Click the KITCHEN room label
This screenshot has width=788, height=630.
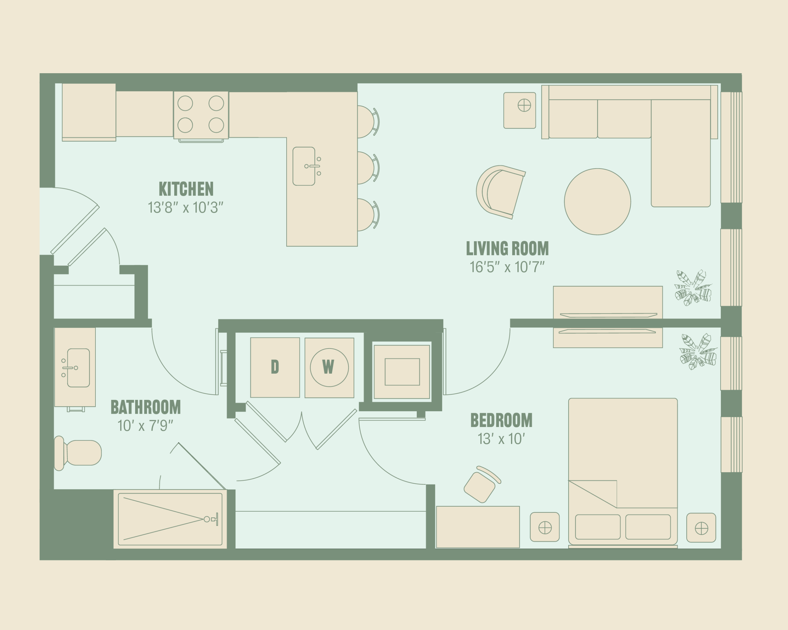[x=186, y=189]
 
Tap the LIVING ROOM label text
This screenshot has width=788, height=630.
[x=507, y=248]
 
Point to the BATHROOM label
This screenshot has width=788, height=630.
[x=146, y=407]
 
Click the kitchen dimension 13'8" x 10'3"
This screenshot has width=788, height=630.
[x=185, y=207]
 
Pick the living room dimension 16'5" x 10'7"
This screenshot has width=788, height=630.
[x=507, y=267]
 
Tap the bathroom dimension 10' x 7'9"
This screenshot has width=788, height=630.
[x=145, y=425]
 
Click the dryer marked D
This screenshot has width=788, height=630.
[x=275, y=367]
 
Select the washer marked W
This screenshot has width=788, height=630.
[x=329, y=367]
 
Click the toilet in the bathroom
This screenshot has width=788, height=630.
[x=78, y=453]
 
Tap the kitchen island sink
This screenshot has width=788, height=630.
[x=306, y=166]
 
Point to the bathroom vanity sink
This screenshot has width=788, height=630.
[x=76, y=368]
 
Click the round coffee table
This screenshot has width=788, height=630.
[x=597, y=201]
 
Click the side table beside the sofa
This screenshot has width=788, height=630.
[x=520, y=110]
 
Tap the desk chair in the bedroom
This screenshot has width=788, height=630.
[x=481, y=484]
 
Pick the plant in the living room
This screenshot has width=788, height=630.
[x=693, y=288]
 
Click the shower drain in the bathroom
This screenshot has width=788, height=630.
[x=207, y=519]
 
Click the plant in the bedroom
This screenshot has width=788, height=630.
[x=698, y=351]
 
